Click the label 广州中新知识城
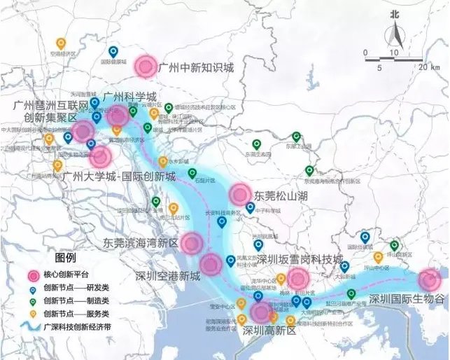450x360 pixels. point(196,68)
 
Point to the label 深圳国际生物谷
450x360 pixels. point(407,299)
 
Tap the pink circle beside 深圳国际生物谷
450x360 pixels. point(430,281)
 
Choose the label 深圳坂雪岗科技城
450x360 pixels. point(299,259)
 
